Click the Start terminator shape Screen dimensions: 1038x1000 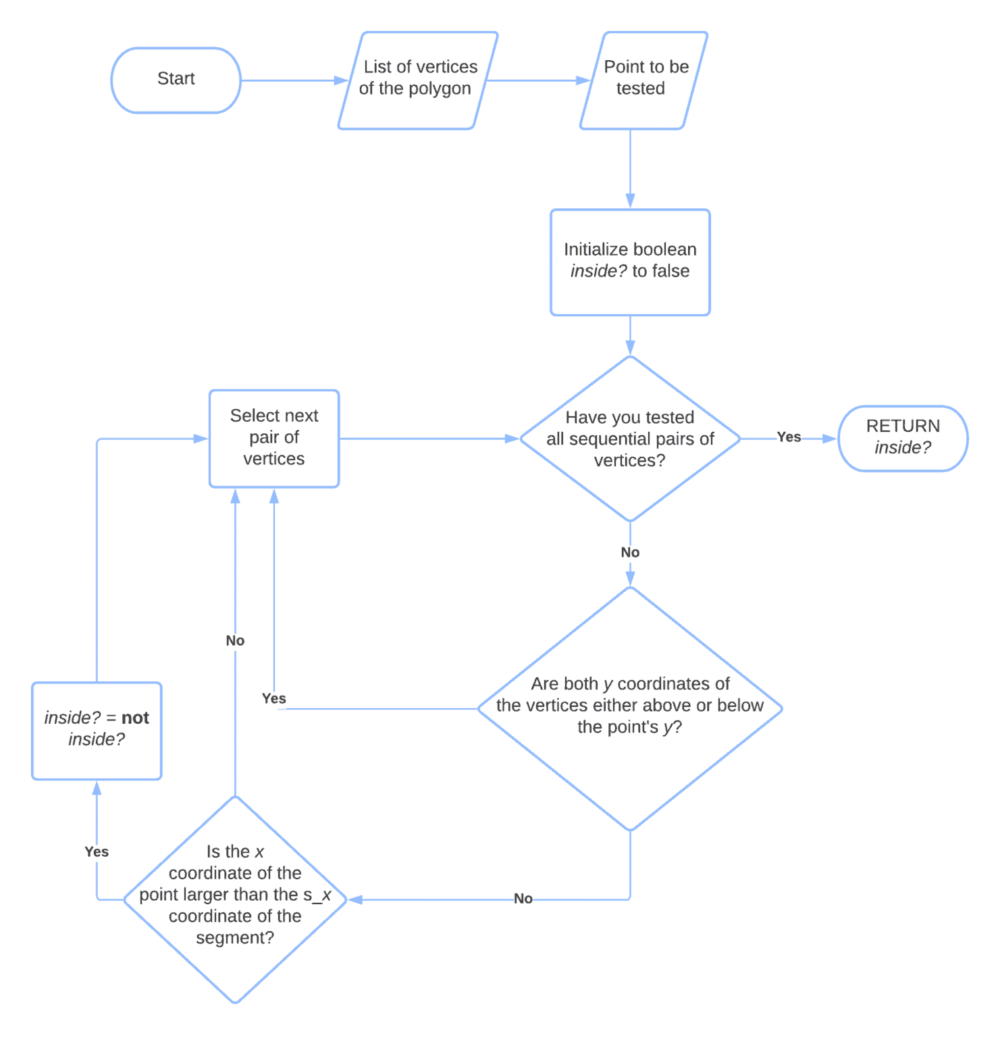tap(176, 80)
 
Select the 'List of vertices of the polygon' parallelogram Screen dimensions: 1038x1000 tap(417, 80)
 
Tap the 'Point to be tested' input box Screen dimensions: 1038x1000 tap(643, 80)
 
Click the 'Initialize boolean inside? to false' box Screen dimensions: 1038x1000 tap(630, 262)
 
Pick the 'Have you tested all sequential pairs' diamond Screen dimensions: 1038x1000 tap(630, 439)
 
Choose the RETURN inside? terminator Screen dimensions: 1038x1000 tap(902, 438)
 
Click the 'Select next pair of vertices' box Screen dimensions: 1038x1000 tap(274, 438)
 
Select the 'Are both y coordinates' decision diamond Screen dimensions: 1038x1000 tap(630, 708)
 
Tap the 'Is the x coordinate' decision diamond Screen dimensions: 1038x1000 tap(235, 899)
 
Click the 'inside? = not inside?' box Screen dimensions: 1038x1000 tap(97, 731)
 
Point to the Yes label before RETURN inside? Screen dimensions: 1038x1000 tap(789, 437)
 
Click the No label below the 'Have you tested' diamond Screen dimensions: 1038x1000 tap(630, 552)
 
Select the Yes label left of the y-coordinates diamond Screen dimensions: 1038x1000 tap(274, 698)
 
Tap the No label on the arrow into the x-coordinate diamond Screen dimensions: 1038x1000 tap(523, 898)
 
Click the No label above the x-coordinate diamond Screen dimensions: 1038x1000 tap(235, 641)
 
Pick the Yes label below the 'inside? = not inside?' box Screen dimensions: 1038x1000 tap(97, 851)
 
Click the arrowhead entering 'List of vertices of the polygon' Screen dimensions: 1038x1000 tap(341, 80)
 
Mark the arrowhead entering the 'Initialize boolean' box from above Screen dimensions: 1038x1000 tap(630, 201)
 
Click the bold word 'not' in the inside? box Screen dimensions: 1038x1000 tap(135, 718)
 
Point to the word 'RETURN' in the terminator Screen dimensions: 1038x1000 tap(902, 426)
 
